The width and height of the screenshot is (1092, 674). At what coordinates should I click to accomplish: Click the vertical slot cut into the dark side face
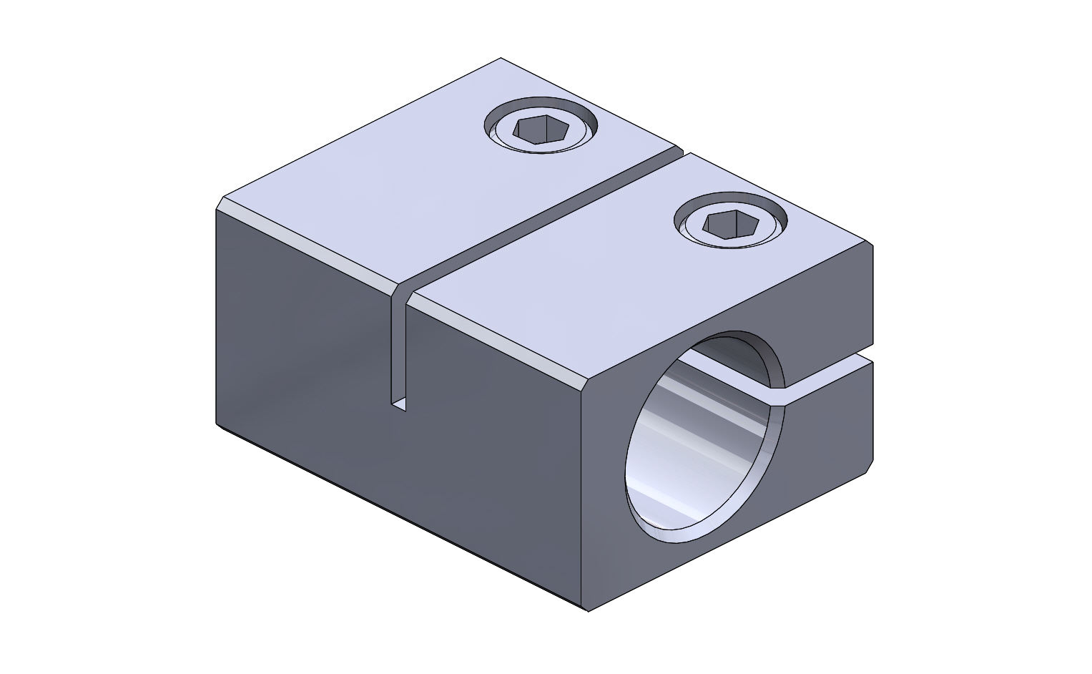399,351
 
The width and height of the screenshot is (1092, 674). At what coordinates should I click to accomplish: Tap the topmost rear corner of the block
501,58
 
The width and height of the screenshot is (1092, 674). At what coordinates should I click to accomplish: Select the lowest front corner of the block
587,610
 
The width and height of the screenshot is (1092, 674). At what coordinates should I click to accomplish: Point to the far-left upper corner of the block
217,208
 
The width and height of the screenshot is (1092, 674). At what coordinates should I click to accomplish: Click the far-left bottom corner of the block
217,424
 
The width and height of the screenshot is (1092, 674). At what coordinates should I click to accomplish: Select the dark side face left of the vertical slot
300,336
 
